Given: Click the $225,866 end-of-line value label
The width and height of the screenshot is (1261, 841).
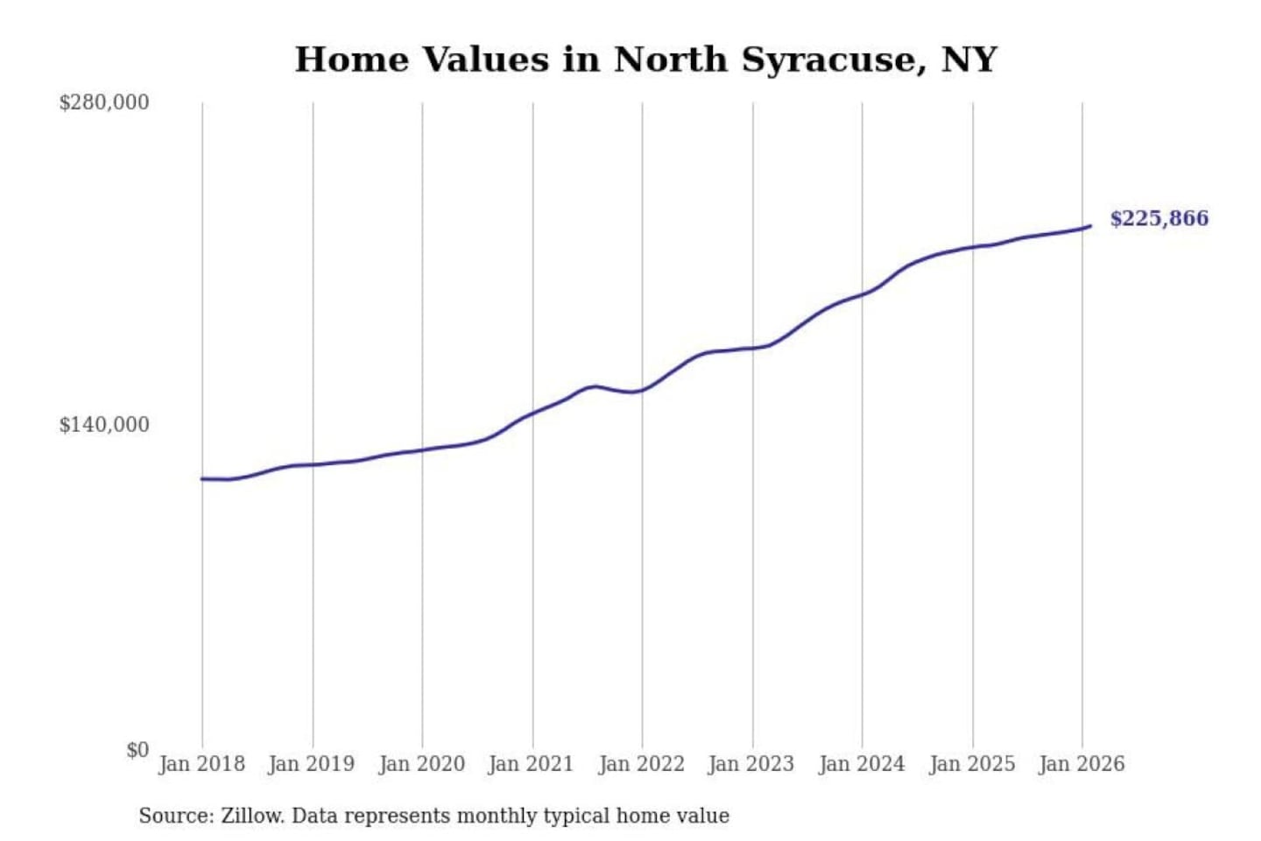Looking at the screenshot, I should click(1159, 218).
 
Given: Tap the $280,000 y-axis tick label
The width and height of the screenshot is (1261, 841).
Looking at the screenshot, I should click(104, 102).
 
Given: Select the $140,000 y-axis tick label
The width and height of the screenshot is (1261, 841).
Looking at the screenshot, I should click(104, 425).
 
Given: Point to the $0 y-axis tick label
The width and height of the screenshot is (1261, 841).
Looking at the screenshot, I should click(137, 750).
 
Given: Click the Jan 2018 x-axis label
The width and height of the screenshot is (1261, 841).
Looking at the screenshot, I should click(201, 764).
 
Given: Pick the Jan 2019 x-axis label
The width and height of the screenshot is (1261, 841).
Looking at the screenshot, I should click(311, 764).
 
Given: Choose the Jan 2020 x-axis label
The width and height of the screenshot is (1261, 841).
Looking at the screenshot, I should click(421, 764).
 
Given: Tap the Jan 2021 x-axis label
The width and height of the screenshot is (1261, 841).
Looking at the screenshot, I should click(531, 764).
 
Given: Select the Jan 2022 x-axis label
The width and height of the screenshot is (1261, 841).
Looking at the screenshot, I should click(641, 764).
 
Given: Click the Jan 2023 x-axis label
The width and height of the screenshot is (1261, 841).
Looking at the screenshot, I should click(750, 764).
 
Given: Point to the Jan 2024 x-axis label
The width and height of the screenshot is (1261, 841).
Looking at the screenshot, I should click(861, 764).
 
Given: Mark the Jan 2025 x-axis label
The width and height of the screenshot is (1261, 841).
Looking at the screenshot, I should click(971, 764).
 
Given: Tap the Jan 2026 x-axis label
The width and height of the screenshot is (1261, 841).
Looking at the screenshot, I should click(1081, 764).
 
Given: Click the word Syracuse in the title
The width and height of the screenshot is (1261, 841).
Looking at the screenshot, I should click(834, 60).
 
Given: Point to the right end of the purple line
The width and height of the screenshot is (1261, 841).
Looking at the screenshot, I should click(1090, 226).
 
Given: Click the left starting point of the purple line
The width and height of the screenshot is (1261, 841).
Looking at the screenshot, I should click(202, 478).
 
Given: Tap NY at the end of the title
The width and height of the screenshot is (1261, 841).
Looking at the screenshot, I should click(969, 60).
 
